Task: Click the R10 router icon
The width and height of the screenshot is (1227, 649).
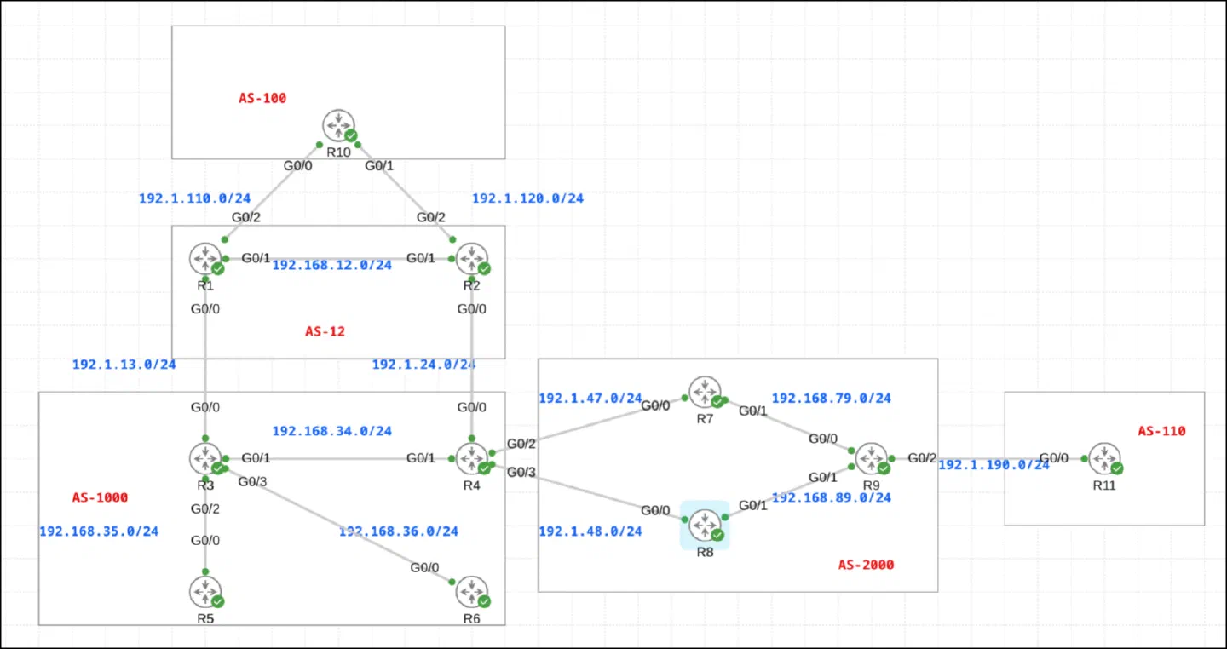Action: point(338,125)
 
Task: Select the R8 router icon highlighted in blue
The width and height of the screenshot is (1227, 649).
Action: point(705,526)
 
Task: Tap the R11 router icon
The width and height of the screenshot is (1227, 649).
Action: point(1104,458)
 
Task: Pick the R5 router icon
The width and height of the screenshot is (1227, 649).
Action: point(205,592)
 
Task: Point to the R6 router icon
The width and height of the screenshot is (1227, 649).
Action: point(472,592)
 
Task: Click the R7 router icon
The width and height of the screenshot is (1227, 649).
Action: point(705,392)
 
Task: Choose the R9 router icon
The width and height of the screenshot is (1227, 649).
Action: point(872,458)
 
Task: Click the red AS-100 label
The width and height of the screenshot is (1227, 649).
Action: point(262,98)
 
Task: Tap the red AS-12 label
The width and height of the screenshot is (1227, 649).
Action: point(325,331)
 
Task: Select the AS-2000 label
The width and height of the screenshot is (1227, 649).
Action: point(866,565)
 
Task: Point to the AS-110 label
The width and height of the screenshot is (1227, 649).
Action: point(1162,431)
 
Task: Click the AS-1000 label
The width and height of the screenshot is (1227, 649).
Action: point(101,497)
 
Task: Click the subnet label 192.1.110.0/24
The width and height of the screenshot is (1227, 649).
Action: point(194,198)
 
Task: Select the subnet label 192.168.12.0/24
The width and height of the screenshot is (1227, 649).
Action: point(332,265)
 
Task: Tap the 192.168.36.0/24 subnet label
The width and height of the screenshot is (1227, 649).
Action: point(398,531)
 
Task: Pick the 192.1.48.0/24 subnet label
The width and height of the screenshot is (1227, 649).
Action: point(590,531)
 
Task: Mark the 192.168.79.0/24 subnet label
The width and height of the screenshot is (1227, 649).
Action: point(832,398)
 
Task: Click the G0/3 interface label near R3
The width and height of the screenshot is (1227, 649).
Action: point(252,482)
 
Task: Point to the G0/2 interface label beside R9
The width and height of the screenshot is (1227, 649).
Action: point(922,458)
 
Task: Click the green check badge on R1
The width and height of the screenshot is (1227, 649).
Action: point(218,268)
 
